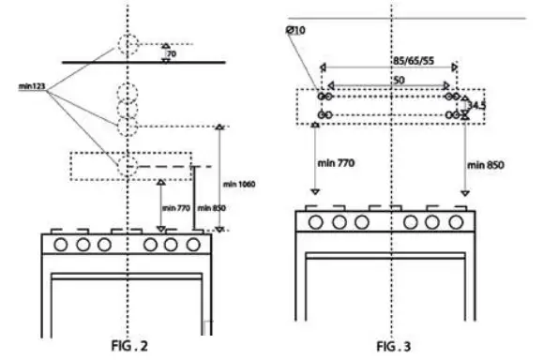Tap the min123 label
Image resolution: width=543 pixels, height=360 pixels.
(x=33, y=86)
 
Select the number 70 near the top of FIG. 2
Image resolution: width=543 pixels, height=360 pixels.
(x=172, y=54)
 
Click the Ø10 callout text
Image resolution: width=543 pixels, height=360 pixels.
(x=294, y=31)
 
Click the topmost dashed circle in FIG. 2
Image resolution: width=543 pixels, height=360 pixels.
(x=128, y=44)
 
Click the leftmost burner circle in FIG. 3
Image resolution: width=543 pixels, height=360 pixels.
(x=319, y=222)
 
